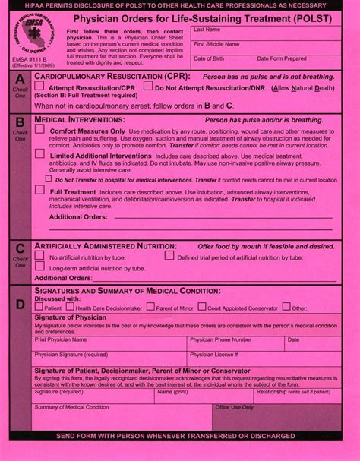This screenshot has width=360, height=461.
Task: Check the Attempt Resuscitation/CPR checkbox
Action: point(40,87)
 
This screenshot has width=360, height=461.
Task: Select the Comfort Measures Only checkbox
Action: point(39,130)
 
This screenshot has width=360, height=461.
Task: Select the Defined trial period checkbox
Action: point(168,256)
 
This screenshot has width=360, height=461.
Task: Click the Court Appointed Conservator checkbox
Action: point(201,307)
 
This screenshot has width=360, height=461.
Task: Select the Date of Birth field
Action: point(220,63)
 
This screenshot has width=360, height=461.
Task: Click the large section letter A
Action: point(20,80)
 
